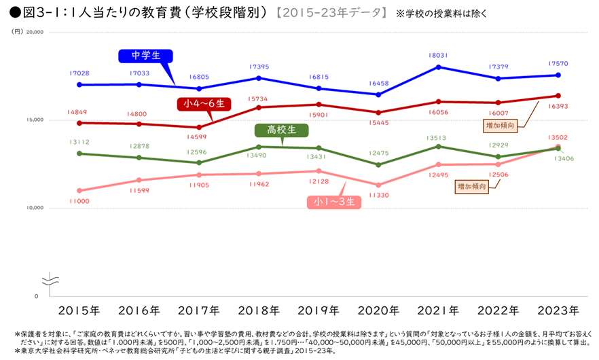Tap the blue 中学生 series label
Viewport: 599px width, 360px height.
tap(145, 56)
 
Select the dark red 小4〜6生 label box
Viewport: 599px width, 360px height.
tap(204, 104)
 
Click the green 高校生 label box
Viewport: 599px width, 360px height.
tap(282, 130)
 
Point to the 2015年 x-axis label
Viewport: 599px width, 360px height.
tap(79, 310)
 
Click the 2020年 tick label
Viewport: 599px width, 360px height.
tap(378, 310)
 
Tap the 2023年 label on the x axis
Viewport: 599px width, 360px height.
tap(558, 310)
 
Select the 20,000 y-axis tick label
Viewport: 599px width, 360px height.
tap(34, 32)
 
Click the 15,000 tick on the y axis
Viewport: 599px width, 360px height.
tap(34, 120)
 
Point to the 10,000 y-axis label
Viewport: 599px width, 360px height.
tap(34, 208)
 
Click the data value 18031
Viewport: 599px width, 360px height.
tap(438, 56)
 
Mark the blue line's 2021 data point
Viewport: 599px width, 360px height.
tap(439, 67)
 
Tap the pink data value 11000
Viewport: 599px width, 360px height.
tap(79, 201)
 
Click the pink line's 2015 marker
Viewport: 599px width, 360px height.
tap(79, 191)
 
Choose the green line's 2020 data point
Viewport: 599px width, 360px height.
tap(378, 164)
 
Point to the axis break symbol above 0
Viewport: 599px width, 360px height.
tap(49, 280)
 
